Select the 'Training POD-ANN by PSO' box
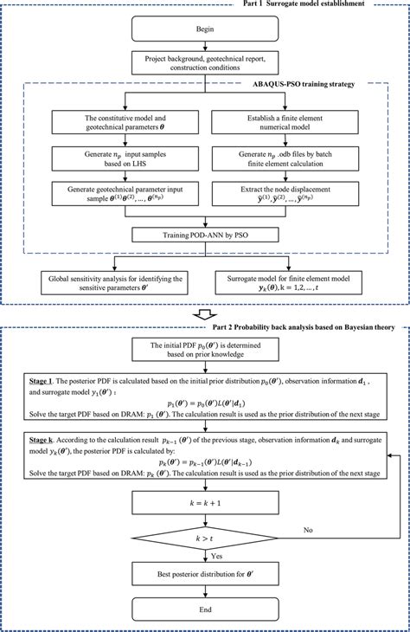click(x=205, y=235)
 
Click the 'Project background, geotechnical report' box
click(x=205, y=62)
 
